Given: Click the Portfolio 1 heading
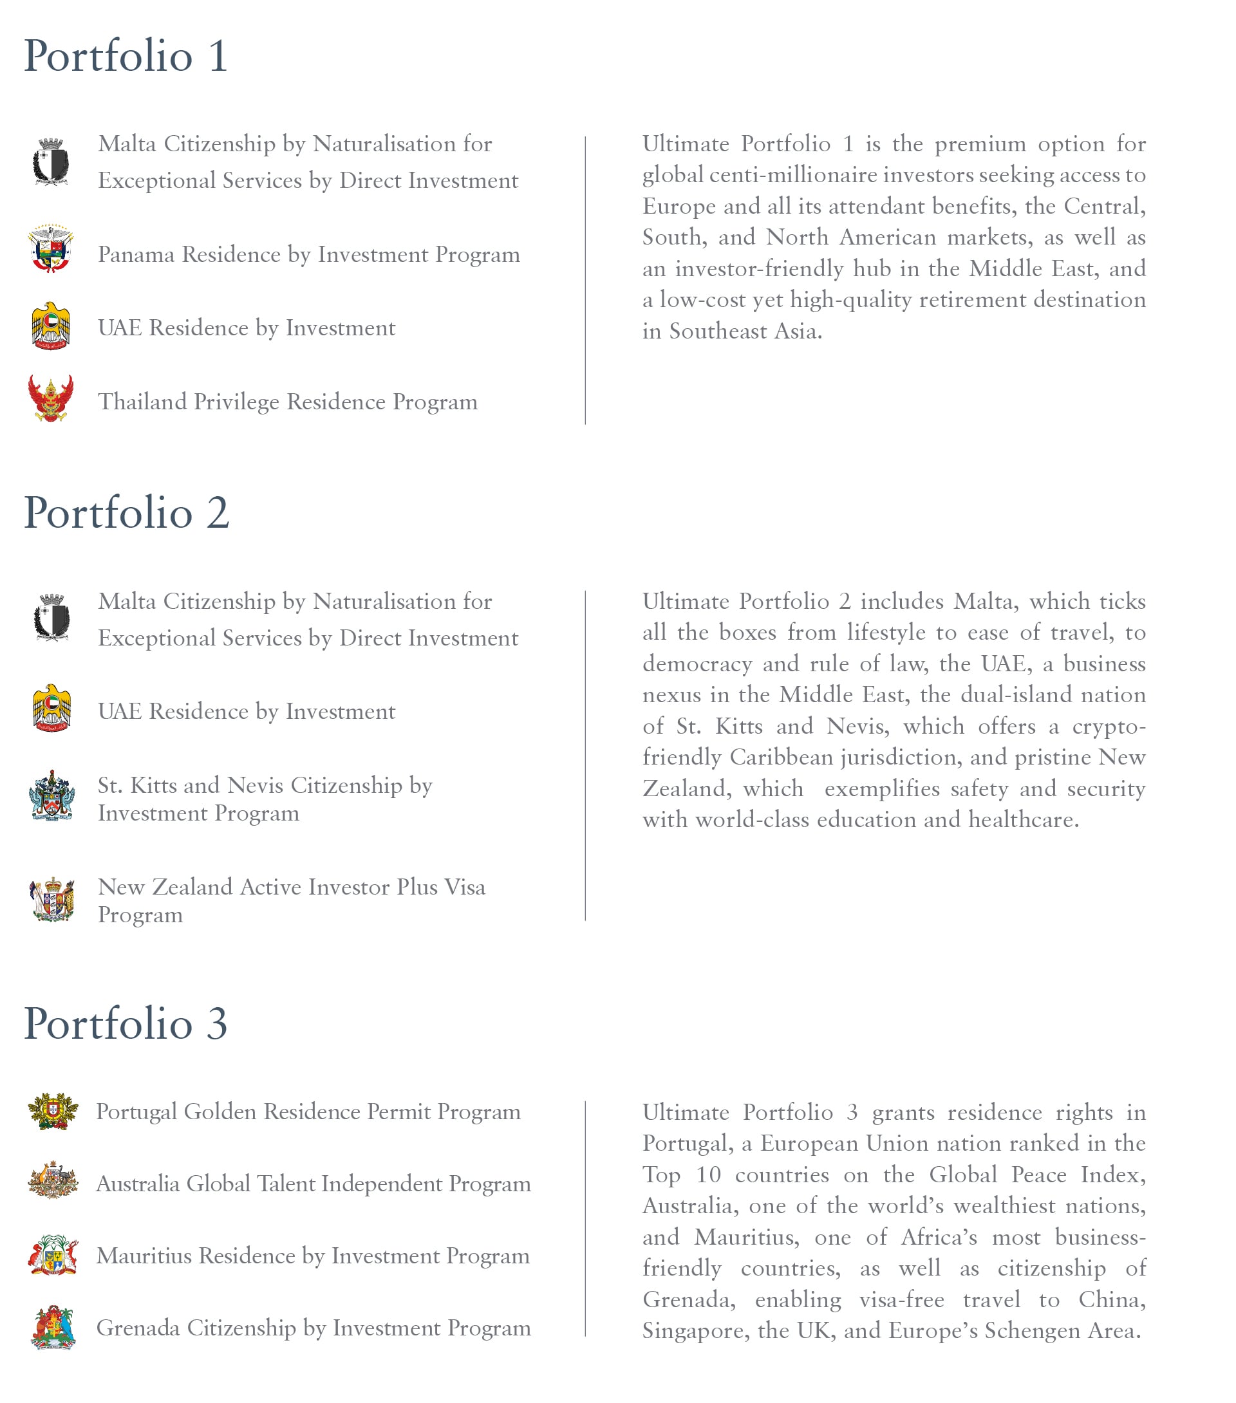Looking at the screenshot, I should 126,56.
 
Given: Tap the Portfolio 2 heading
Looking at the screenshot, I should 126,514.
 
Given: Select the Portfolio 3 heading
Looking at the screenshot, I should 126,1024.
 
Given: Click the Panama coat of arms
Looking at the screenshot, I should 51,248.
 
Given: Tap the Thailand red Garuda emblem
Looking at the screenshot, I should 51,398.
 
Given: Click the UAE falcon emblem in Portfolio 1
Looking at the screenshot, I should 51,327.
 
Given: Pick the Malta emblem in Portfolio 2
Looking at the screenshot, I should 51,618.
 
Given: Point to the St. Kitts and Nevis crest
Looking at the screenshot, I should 51,796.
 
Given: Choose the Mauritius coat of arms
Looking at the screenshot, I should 53,1256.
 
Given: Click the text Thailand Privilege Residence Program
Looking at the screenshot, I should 288,402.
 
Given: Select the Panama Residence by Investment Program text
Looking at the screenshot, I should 309,255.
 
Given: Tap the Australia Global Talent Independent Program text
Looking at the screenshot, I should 313,1184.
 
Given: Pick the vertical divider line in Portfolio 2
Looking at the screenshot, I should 585,755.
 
